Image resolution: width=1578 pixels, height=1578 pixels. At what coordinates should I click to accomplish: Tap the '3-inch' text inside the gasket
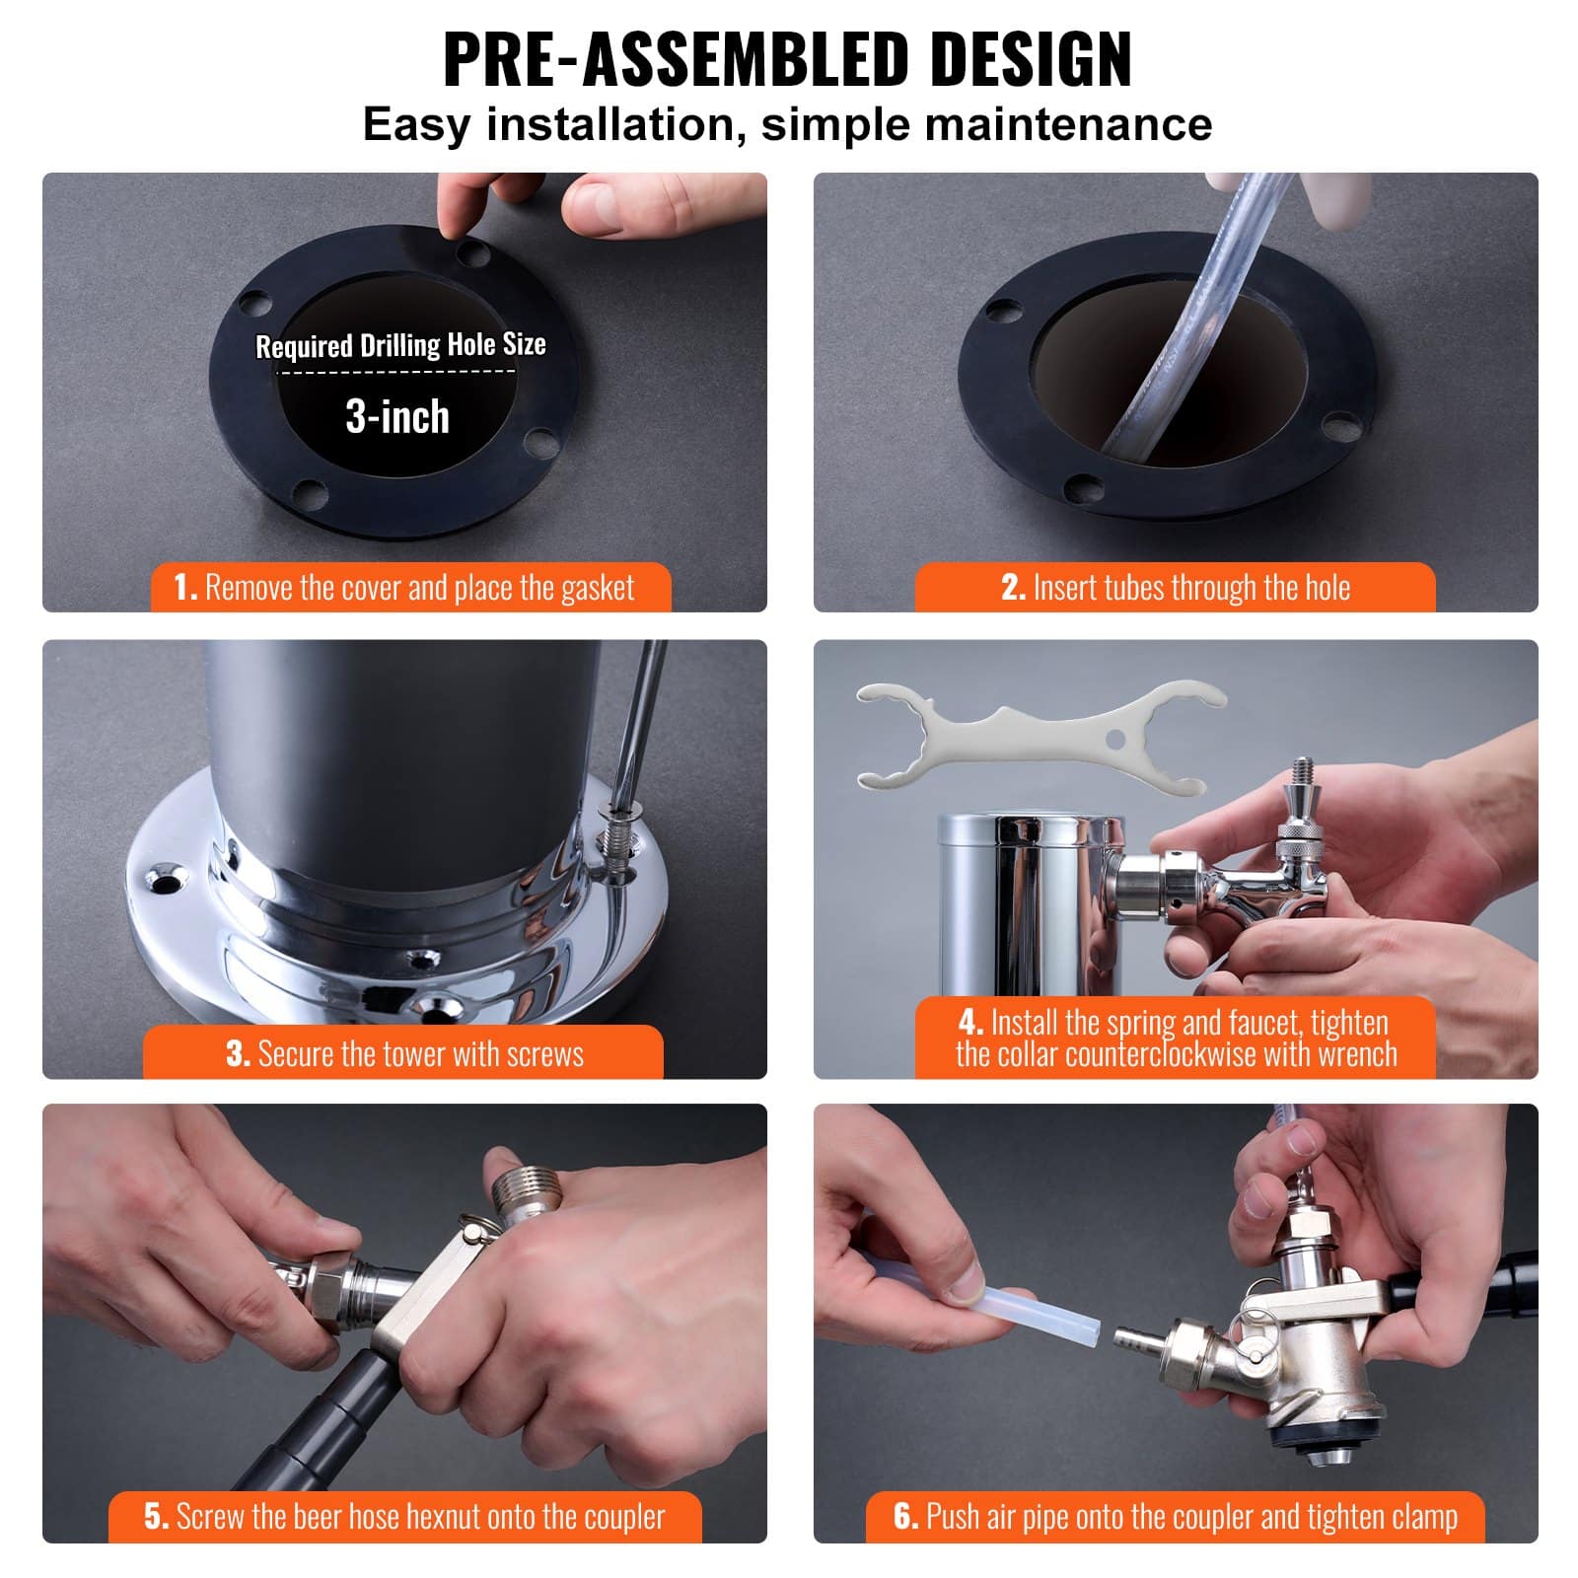(397, 416)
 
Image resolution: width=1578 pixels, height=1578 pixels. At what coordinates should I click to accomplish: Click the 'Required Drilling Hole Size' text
(400, 345)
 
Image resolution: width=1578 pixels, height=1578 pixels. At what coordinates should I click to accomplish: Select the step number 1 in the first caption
(184, 588)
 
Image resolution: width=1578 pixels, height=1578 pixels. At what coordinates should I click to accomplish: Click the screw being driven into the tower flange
(619, 838)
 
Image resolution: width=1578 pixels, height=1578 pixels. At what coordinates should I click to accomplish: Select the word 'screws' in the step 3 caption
(544, 1054)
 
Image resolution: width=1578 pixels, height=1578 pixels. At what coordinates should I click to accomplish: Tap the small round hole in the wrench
(1115, 739)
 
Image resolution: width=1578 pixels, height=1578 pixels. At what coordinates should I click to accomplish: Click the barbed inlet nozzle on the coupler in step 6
(1136, 1340)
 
